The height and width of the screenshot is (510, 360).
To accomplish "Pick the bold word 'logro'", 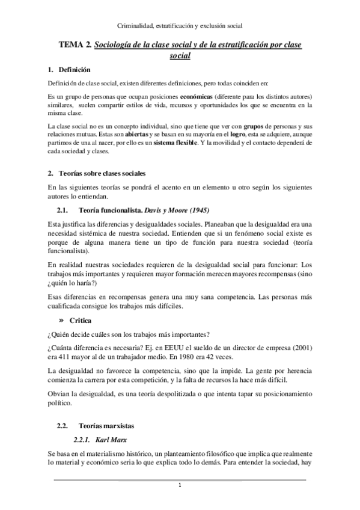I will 225,134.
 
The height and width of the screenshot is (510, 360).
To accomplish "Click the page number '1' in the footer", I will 180,485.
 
